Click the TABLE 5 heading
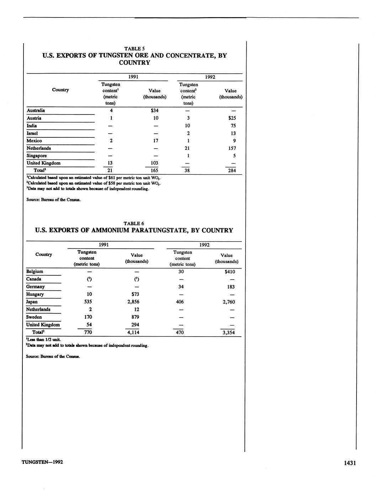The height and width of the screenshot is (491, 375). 134,48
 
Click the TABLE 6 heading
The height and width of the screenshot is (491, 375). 134,223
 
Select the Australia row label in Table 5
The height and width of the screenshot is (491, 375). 36,110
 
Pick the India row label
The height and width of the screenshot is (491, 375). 32,126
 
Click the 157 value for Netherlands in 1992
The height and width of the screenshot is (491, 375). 231,148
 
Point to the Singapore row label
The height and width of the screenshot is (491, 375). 37,155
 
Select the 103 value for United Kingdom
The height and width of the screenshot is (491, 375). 154,163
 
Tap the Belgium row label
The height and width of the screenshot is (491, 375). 35,271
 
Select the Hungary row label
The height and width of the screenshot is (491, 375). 35,294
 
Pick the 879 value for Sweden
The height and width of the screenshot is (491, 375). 135,317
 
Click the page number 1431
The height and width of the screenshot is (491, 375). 350,463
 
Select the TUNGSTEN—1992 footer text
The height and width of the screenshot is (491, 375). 42,462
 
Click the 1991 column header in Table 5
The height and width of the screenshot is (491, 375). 133,77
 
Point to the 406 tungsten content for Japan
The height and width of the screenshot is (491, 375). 180,302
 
